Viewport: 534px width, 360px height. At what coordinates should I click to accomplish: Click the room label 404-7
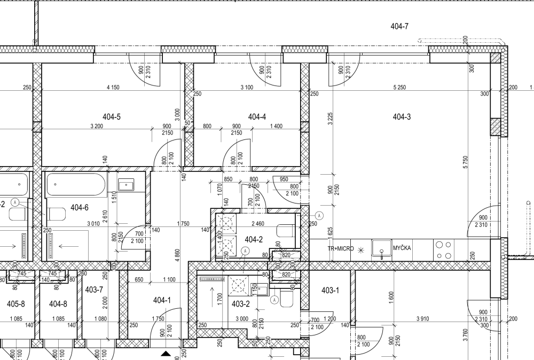(x=399, y=26)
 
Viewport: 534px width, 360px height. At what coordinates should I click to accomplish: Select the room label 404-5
(x=112, y=117)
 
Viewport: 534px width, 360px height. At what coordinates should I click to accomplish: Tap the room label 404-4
(x=257, y=117)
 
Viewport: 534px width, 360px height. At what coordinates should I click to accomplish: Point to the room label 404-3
(x=402, y=117)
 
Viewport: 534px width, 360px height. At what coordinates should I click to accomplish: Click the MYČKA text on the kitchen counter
(x=402, y=248)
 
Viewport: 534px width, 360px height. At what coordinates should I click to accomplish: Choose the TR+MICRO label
(x=341, y=248)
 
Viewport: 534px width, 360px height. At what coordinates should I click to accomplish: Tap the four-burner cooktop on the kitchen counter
(x=443, y=250)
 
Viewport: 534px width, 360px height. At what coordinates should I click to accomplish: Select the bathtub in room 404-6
(x=76, y=184)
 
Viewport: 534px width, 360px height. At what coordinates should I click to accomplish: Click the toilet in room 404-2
(x=286, y=231)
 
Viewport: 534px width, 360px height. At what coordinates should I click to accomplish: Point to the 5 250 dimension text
(x=399, y=87)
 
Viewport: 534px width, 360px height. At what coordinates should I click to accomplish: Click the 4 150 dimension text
(x=113, y=87)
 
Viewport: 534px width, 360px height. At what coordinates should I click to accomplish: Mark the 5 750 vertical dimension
(x=466, y=162)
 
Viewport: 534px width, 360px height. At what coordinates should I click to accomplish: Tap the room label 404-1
(x=162, y=300)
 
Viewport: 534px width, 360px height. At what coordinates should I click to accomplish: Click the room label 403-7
(x=94, y=289)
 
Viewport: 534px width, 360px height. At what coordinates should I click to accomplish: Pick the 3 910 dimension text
(x=422, y=319)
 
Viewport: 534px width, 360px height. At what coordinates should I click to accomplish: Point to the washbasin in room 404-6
(x=126, y=185)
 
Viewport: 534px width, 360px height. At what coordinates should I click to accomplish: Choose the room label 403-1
(x=330, y=290)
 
